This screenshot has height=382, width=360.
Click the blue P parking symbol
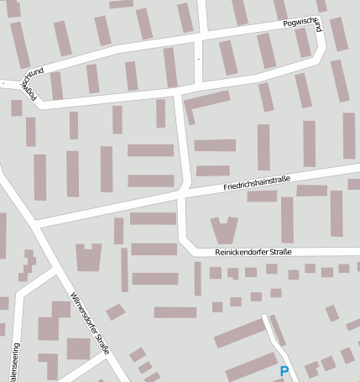click(284, 371)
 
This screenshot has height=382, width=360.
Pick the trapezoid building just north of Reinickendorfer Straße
click(223, 230)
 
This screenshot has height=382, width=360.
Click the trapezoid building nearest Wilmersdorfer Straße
click(88, 257)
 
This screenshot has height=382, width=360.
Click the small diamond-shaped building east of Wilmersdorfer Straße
click(115, 311)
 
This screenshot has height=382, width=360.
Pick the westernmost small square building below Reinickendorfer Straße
click(216, 273)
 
